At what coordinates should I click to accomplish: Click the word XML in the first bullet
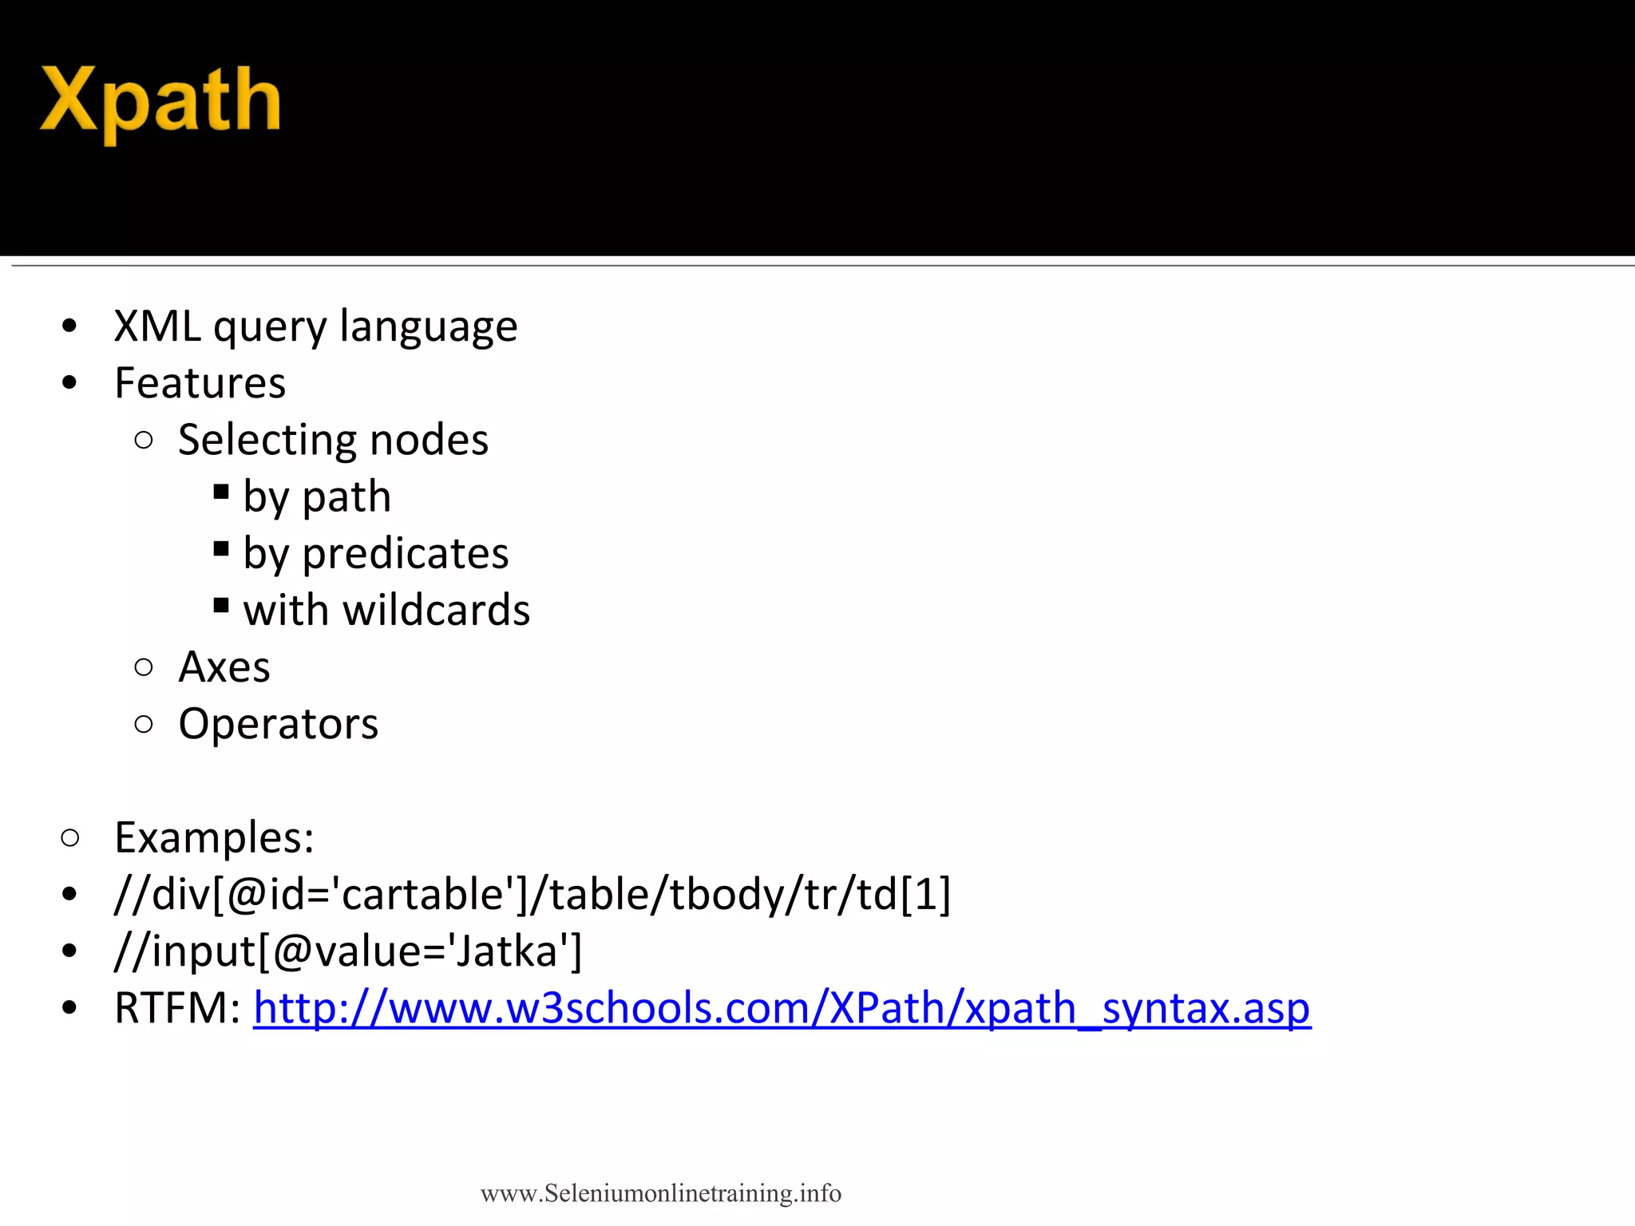pos(157,326)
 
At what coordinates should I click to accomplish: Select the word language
pos(428,326)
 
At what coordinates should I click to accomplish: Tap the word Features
pos(200,383)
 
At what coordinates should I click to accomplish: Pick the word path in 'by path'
pos(346,497)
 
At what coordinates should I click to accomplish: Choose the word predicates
pos(405,554)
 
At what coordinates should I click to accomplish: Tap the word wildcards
pos(436,611)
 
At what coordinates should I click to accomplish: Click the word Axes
pos(224,667)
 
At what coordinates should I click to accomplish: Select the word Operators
pos(278,724)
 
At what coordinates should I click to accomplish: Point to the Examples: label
pos(214,837)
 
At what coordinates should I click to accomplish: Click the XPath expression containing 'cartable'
pos(532,894)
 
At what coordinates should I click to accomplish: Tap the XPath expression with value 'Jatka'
pos(348,951)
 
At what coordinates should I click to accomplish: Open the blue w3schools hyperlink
pos(782,1008)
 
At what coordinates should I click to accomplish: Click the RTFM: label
pos(177,1008)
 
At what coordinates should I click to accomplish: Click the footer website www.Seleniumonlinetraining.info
pos(660,1193)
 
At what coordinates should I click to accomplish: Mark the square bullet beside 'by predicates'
pos(221,548)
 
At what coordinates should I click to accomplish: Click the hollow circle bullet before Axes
pos(144,667)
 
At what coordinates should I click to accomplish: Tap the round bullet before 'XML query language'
pos(69,326)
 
